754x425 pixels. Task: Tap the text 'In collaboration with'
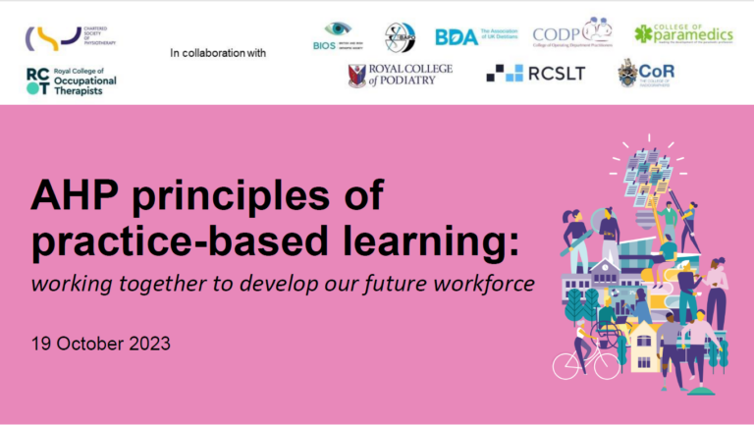pyautogui.click(x=218, y=52)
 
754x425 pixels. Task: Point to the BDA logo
pyautogui.click(x=475, y=36)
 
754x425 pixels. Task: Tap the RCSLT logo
pyautogui.click(x=536, y=74)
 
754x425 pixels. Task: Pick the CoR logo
pyautogui.click(x=646, y=74)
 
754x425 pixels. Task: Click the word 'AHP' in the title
pyautogui.click(x=77, y=196)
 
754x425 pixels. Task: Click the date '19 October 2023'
pyautogui.click(x=100, y=344)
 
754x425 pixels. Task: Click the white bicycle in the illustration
pyautogui.click(x=586, y=363)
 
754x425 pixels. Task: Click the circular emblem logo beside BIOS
pyautogui.click(x=400, y=37)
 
